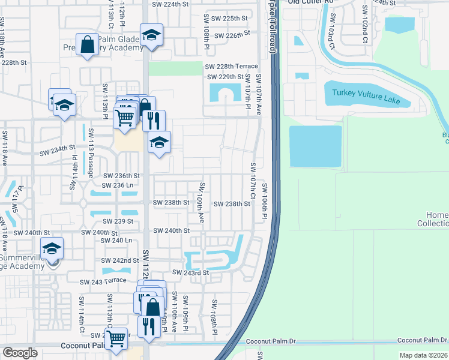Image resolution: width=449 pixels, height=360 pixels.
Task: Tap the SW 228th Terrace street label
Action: [231, 67]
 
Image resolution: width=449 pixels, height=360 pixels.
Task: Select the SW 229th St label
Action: [225, 77]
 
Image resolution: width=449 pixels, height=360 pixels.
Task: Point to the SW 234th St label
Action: [58, 147]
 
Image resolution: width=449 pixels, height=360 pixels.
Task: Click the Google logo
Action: [20, 353]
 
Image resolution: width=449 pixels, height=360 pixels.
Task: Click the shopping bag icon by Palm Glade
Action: [87, 44]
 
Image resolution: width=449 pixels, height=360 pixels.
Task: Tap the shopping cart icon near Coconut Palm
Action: [116, 338]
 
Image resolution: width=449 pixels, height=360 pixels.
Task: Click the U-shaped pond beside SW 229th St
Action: [224, 94]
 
